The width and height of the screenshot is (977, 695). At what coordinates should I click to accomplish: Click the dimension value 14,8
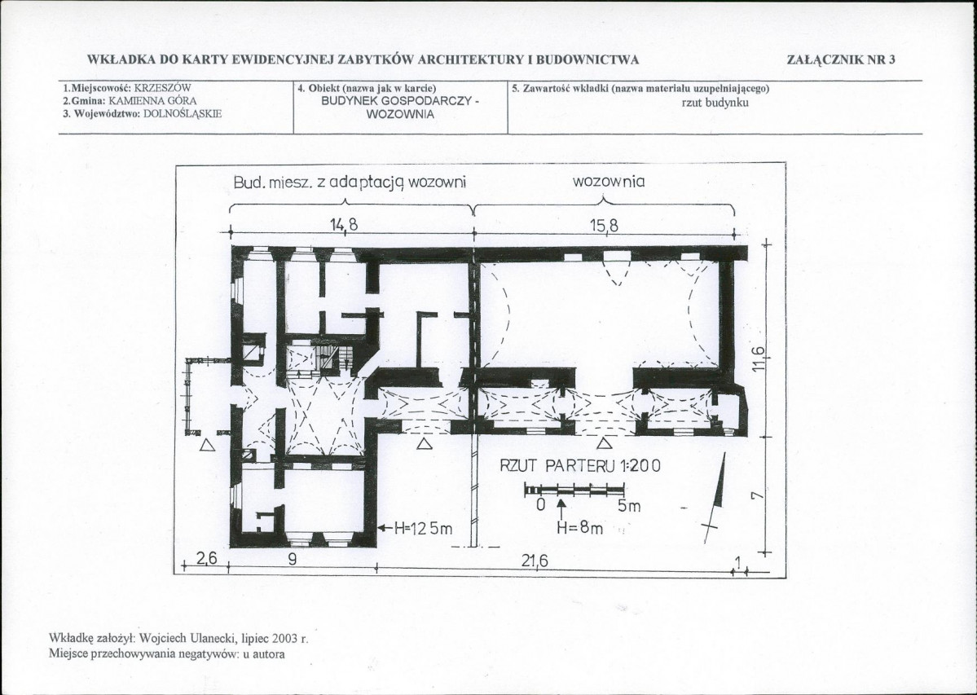pyautogui.click(x=345, y=224)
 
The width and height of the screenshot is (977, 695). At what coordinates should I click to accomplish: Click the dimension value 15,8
pyautogui.click(x=604, y=226)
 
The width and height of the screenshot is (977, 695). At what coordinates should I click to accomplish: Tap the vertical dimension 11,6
pyautogui.click(x=757, y=358)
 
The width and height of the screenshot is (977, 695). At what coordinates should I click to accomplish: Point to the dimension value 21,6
pyautogui.click(x=535, y=561)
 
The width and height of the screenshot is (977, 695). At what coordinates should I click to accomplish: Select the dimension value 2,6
pyautogui.click(x=206, y=559)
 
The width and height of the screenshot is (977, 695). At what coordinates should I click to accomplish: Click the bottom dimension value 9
pyautogui.click(x=293, y=559)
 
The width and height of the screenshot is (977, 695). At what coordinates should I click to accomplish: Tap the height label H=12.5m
pyautogui.click(x=416, y=529)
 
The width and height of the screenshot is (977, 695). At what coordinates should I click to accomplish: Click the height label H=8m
pyautogui.click(x=579, y=528)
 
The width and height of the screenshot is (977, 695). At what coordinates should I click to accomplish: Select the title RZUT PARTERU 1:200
pyautogui.click(x=580, y=465)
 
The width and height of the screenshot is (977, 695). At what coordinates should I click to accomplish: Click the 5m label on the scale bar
pyautogui.click(x=629, y=506)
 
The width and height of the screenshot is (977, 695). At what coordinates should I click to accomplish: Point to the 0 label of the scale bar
pyautogui.click(x=541, y=504)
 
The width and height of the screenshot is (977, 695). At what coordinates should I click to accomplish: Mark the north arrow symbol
pyautogui.click(x=715, y=498)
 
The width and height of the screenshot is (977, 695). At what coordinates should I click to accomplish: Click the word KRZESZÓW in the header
pyautogui.click(x=163, y=88)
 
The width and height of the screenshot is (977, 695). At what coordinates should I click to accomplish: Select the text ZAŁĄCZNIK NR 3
pyautogui.click(x=841, y=59)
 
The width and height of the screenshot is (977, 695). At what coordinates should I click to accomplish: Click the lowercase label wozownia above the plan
pyautogui.click(x=608, y=182)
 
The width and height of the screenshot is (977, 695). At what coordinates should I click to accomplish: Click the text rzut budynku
pyautogui.click(x=715, y=103)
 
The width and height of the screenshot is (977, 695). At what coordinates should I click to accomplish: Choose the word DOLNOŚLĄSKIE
pyautogui.click(x=183, y=114)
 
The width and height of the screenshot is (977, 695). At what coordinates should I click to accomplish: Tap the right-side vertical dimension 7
pyautogui.click(x=756, y=495)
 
